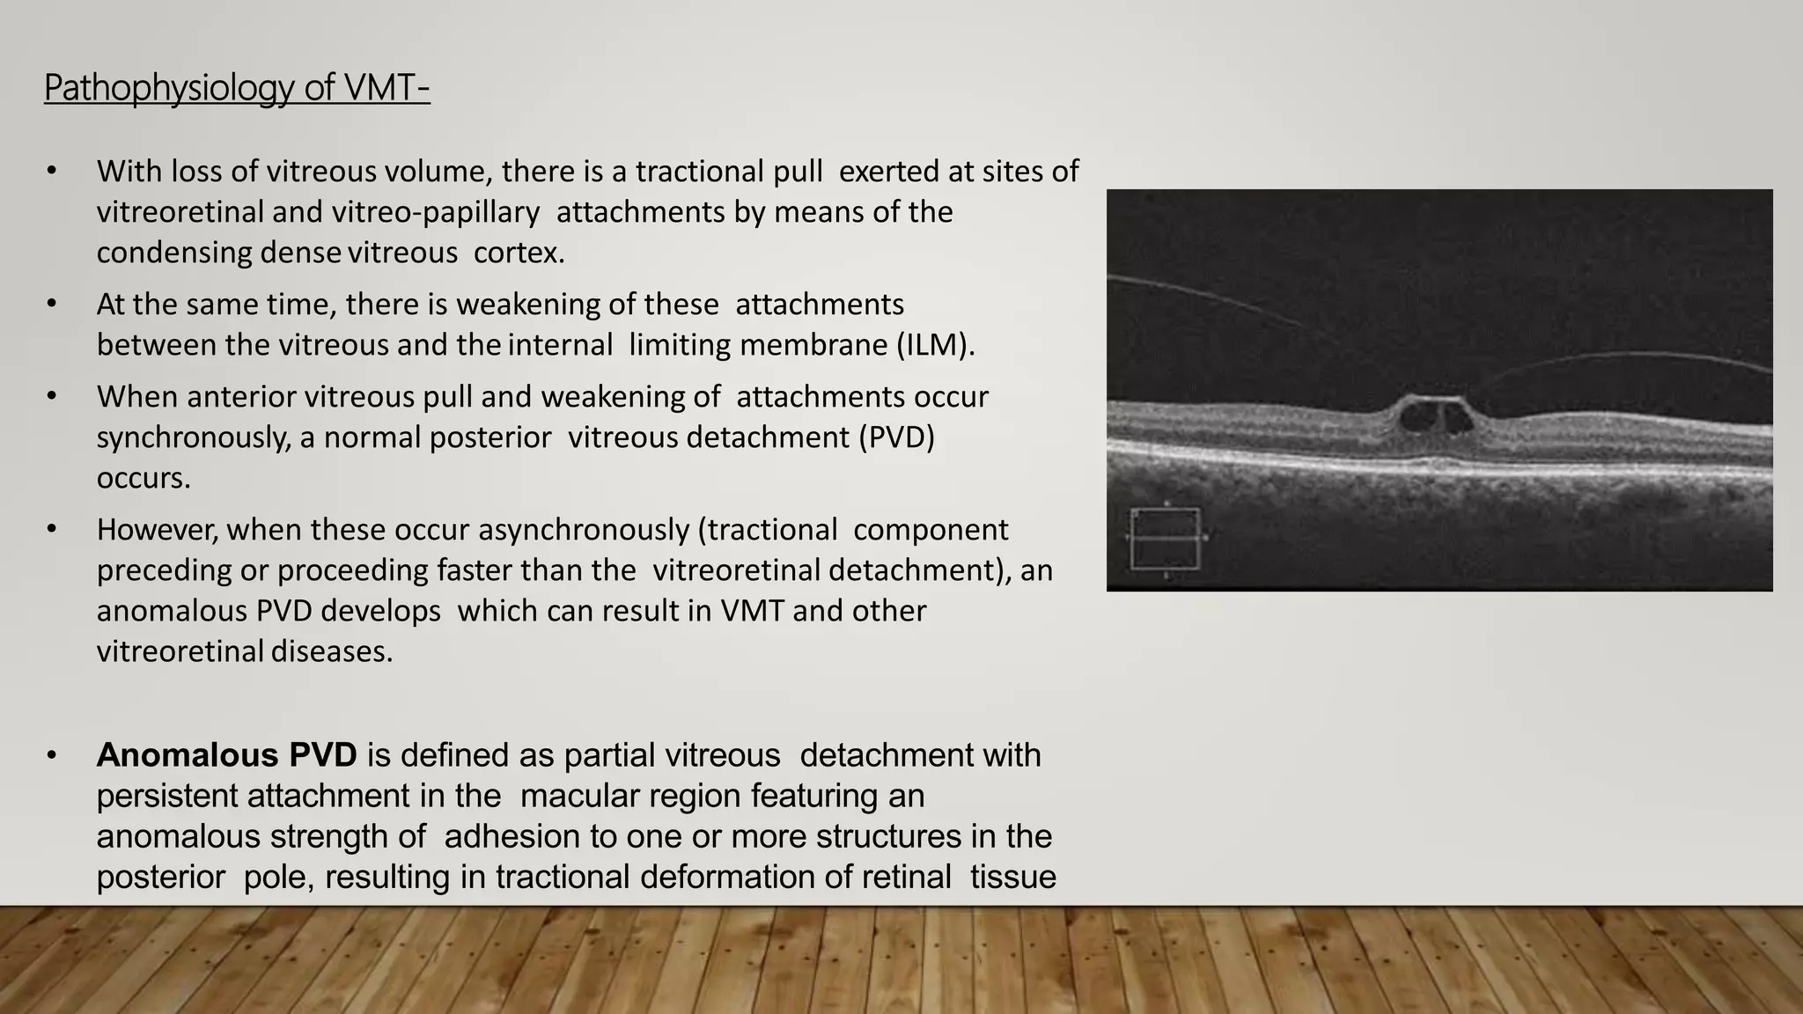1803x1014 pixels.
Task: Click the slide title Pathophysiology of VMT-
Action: [237, 88]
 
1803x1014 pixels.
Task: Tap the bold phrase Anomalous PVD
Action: [226, 755]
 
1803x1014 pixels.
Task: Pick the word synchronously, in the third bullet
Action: [193, 437]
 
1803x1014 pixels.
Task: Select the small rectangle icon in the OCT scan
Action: [1165, 538]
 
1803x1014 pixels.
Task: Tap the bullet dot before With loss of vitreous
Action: [52, 171]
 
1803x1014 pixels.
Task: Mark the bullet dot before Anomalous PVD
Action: [52, 755]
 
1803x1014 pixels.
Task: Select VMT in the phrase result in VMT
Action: [752, 611]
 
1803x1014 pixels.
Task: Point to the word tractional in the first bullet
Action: [701, 171]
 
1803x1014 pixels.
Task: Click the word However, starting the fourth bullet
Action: [157, 530]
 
